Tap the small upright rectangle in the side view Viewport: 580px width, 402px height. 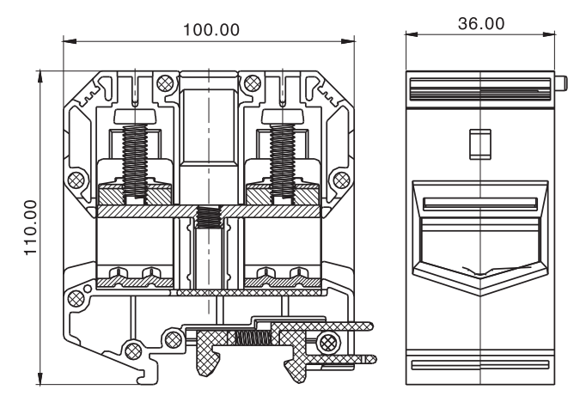[479, 142]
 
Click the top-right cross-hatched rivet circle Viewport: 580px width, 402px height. [252, 83]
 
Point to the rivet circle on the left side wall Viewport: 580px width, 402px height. [76, 180]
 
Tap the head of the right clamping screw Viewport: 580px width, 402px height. [282, 117]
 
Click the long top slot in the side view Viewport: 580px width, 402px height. [479, 86]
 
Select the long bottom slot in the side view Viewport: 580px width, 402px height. [479, 364]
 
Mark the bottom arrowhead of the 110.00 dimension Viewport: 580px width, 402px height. [41, 379]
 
